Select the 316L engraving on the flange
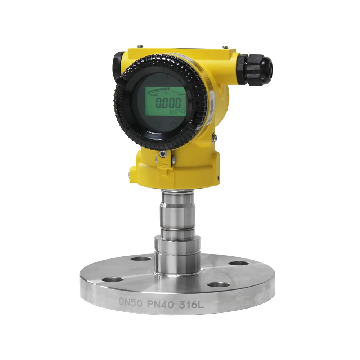(191, 306)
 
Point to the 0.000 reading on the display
(168, 103)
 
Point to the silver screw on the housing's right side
(215, 137)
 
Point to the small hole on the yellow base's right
(219, 177)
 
